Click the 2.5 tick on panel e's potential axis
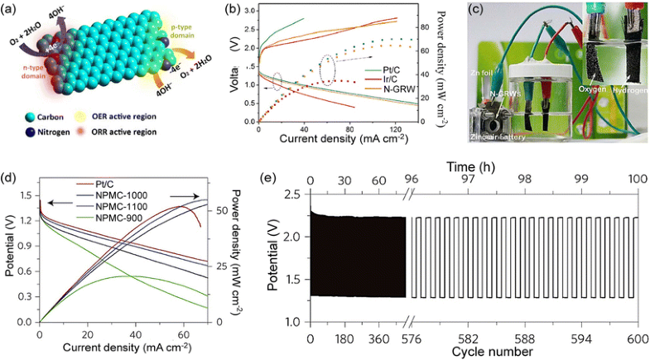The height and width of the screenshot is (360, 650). pos(296,194)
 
